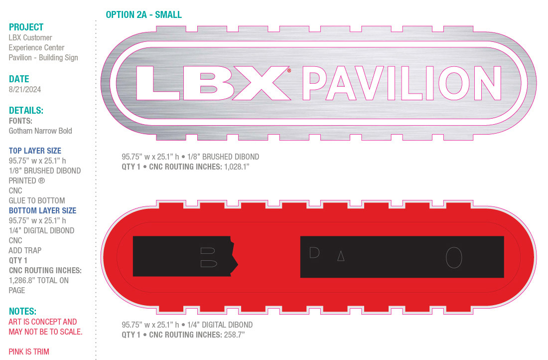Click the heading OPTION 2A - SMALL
tap(143, 14)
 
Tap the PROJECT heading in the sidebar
tap(26, 27)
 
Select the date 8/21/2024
tap(25, 89)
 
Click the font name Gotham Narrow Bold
tap(40, 131)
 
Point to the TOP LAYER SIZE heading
tap(35, 151)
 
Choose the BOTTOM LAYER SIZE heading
tap(43, 210)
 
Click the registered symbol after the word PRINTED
tap(41, 181)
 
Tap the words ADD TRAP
tap(25, 250)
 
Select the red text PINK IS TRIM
tap(29, 352)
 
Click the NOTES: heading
tap(23, 311)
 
